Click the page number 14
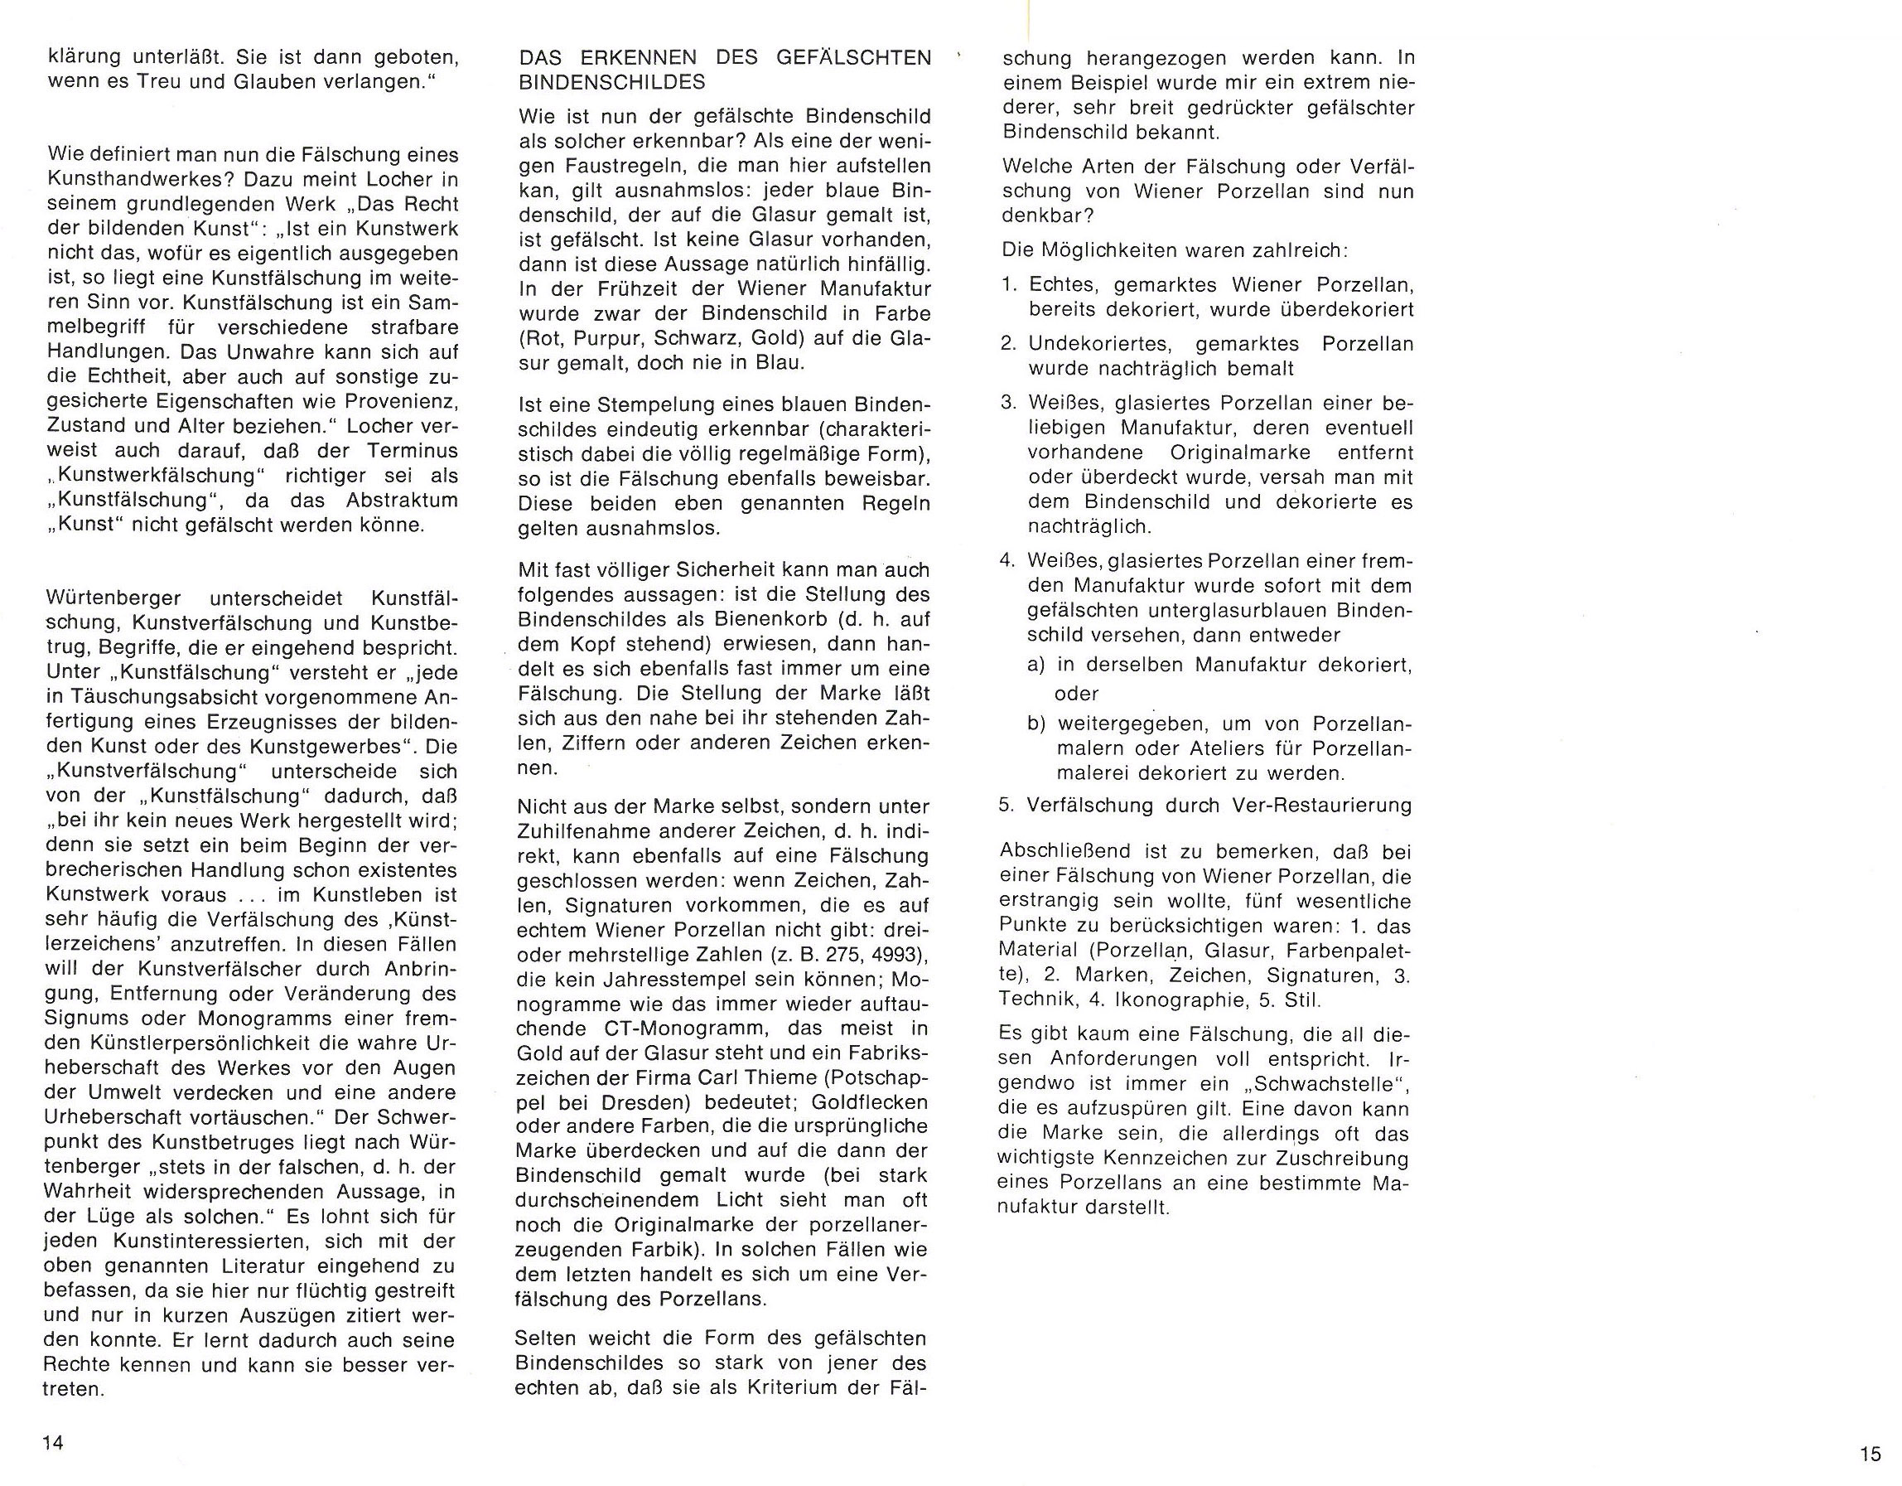[53, 1442]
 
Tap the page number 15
[1870, 1454]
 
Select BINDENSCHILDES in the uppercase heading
[611, 83]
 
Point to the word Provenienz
[408, 402]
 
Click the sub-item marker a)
[1036, 666]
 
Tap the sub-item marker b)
[1036, 724]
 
